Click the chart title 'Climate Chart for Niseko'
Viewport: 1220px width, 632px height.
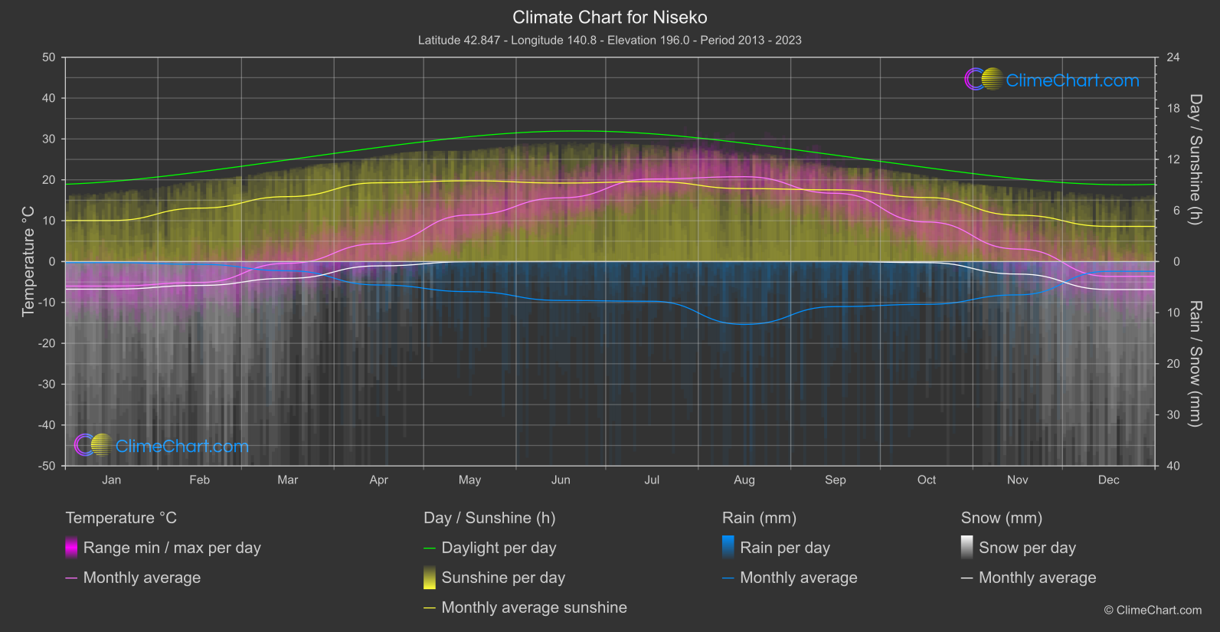click(610, 18)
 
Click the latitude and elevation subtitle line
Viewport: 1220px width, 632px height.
click(610, 40)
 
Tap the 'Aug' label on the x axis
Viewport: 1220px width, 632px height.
click(744, 480)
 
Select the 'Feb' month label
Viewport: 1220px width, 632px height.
click(199, 480)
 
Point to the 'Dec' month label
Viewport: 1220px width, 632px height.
click(1108, 480)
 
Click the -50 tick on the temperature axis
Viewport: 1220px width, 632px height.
click(48, 466)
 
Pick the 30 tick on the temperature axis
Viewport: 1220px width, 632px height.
click(49, 139)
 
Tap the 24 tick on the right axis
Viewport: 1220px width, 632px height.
click(1173, 57)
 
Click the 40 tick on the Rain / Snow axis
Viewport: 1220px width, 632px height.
click(1173, 466)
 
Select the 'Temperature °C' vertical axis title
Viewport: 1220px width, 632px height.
click(28, 261)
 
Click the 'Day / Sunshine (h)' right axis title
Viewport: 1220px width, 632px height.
click(1195, 159)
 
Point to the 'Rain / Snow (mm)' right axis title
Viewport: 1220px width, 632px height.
click(1195, 364)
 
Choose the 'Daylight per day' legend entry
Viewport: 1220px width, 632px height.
click(499, 548)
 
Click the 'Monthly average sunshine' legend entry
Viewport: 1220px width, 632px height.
click(534, 607)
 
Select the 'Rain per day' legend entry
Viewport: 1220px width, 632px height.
click(784, 548)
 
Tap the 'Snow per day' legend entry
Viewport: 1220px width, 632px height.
click(1026, 548)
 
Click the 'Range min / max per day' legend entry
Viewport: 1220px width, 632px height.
click(172, 548)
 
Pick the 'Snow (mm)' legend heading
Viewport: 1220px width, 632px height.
click(1001, 518)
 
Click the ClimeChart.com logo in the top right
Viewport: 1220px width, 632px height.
click(1052, 80)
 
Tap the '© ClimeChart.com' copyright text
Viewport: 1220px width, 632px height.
click(1152, 611)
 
